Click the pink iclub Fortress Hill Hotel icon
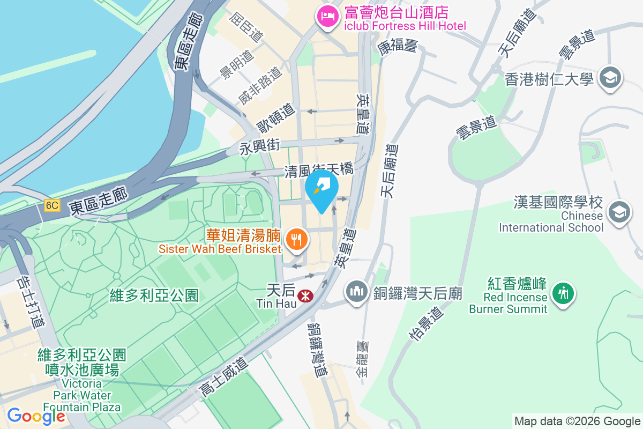(326, 16)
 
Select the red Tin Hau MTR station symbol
(305, 295)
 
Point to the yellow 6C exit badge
(52, 205)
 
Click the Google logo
(36, 416)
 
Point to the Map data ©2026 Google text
(577, 421)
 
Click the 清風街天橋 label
(319, 170)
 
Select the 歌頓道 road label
(276, 118)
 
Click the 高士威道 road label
(225, 378)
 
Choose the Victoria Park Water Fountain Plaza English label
(81, 396)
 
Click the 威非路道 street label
(260, 86)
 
